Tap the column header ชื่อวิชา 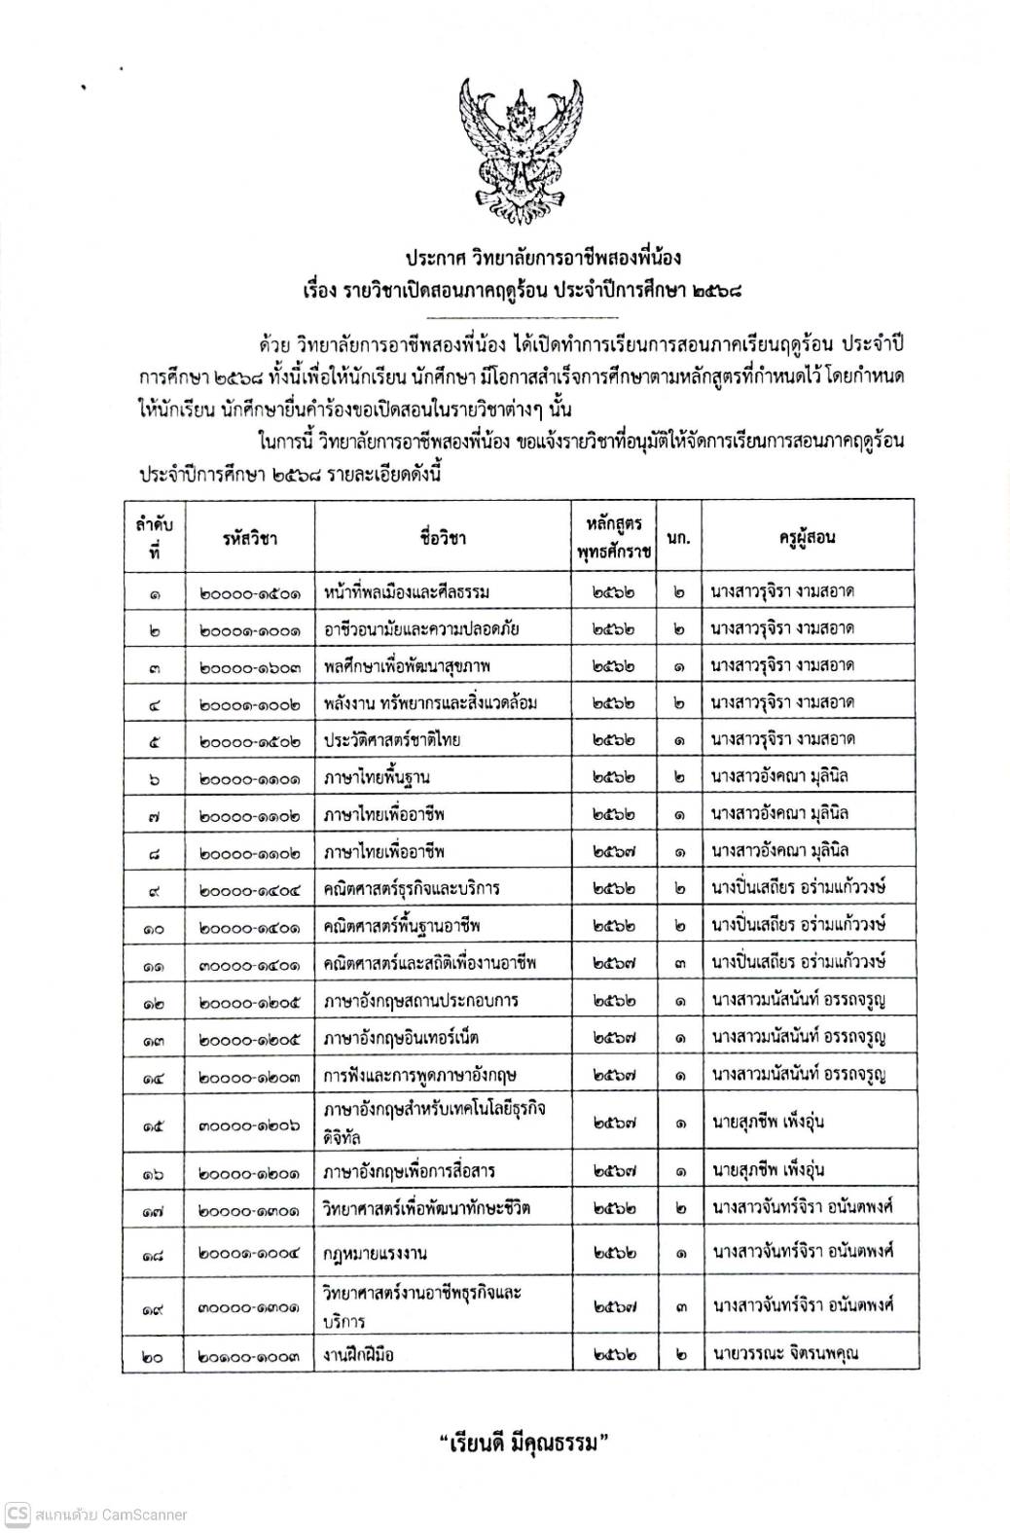click(445, 538)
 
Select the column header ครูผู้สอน click(807, 538)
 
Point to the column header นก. click(679, 538)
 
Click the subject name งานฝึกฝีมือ click(359, 1353)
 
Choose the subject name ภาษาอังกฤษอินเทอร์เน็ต click(401, 1037)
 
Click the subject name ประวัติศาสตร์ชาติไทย click(392, 739)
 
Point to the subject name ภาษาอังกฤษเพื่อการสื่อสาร click(416, 1170)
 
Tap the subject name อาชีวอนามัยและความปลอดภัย click(421, 628)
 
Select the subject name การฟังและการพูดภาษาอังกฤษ click(419, 1074)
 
